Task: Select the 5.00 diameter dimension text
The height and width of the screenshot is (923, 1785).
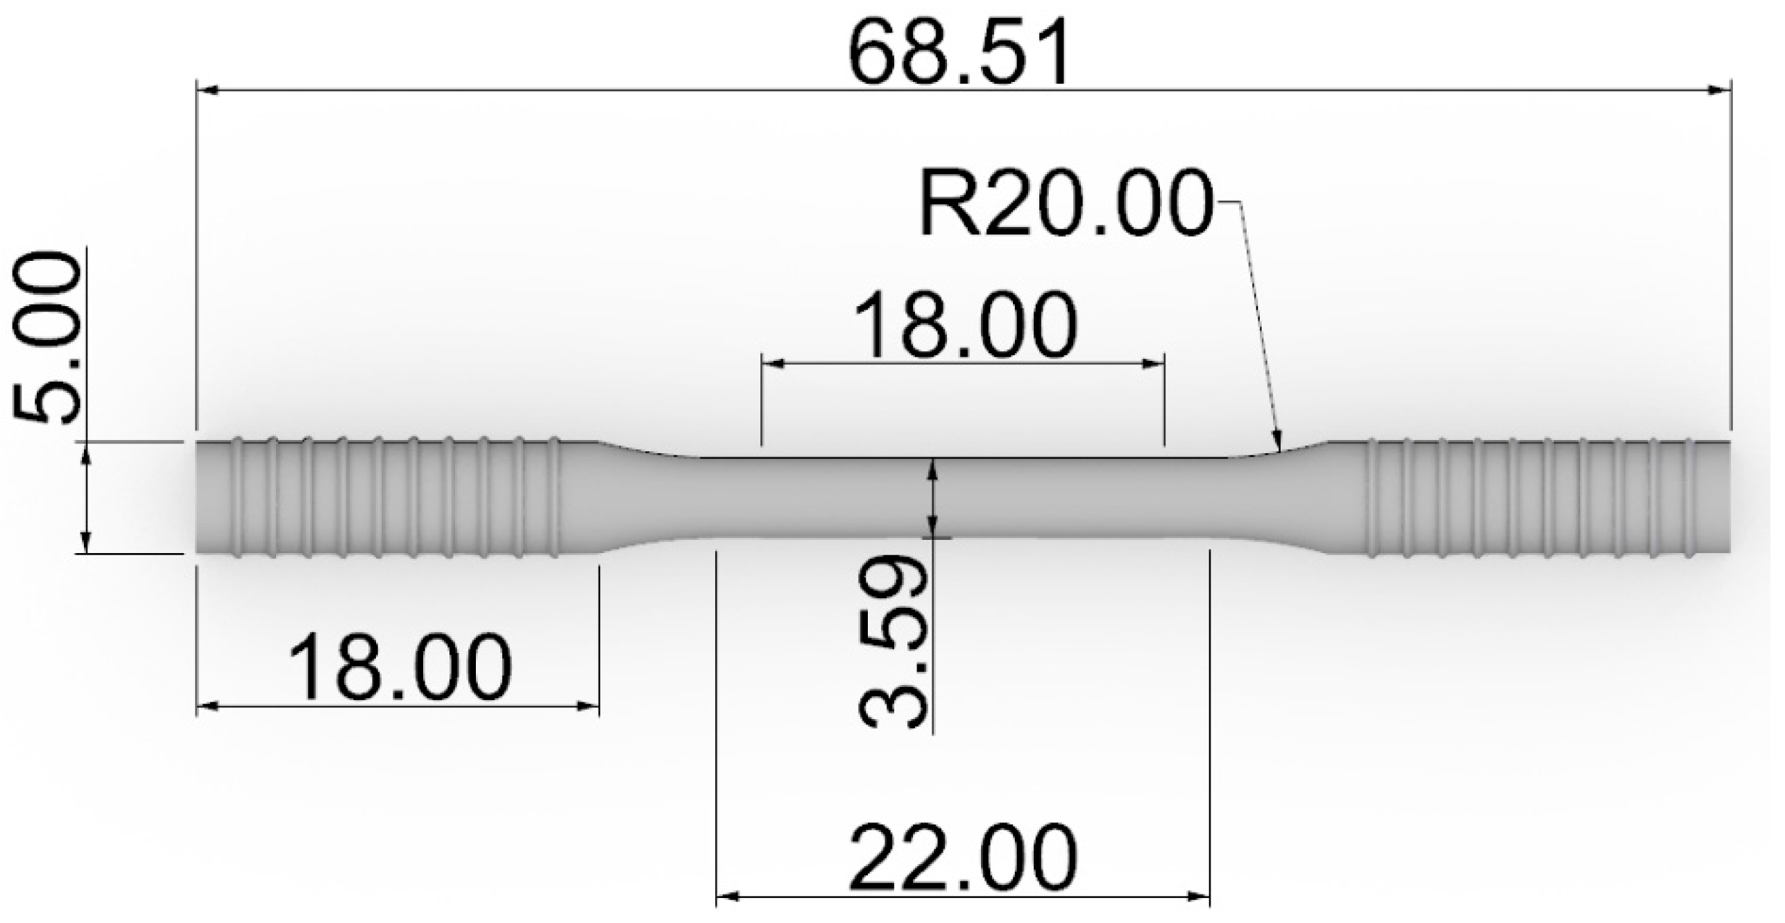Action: coord(47,339)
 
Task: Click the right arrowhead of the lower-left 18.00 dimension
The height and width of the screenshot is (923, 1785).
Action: coord(589,706)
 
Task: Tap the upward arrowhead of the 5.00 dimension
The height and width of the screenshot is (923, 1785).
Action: coord(86,453)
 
